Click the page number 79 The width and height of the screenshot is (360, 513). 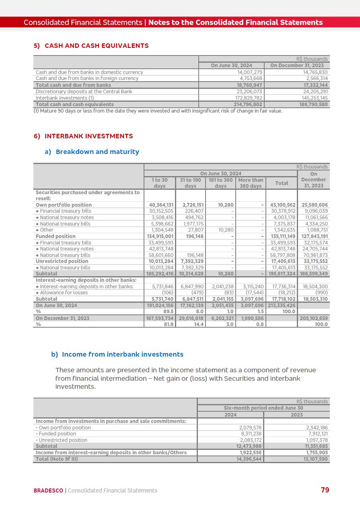(325, 490)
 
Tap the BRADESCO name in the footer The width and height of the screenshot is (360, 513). (48, 490)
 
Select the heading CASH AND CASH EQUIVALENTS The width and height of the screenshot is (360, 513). (97, 46)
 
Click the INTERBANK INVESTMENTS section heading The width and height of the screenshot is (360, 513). (88, 136)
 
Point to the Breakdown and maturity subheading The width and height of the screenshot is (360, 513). (97, 152)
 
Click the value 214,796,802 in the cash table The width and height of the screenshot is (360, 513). (248, 105)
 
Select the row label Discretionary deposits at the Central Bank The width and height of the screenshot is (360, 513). (84, 92)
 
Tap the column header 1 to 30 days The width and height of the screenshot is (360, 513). (159, 183)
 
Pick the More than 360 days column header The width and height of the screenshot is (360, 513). (250, 183)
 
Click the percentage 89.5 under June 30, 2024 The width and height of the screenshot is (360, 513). (169, 312)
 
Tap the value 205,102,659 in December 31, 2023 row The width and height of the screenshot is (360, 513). (315, 318)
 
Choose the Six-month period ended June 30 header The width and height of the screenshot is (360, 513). (263, 408)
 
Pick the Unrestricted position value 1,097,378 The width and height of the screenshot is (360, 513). (316, 440)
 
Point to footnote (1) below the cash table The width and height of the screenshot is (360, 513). (158, 111)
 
